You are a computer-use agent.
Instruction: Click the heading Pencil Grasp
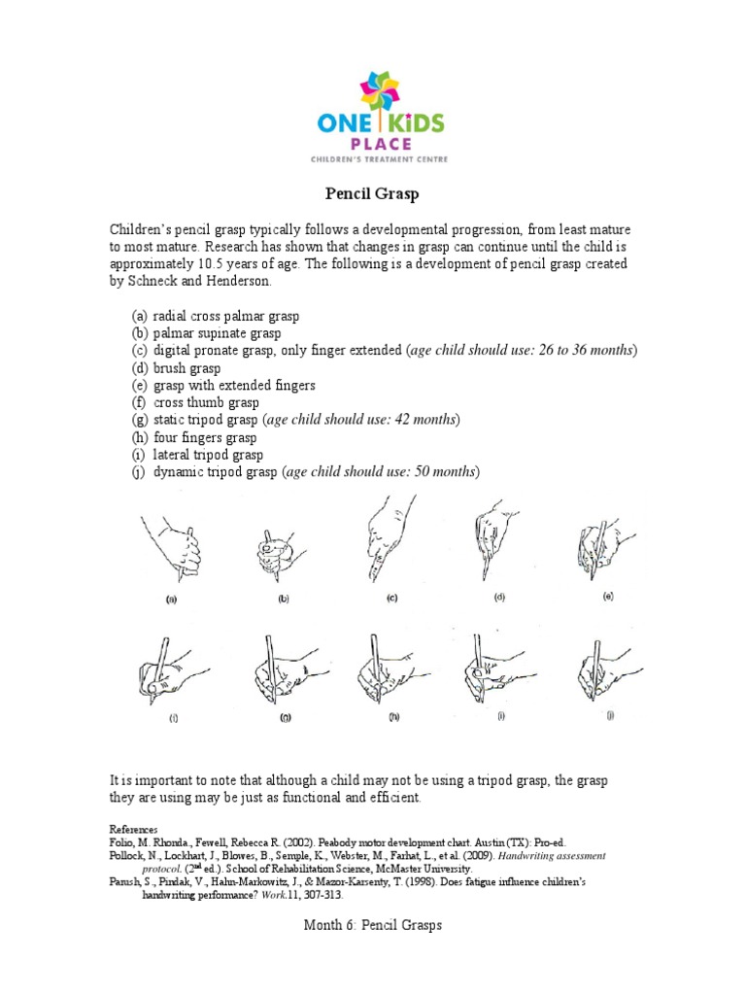click(x=372, y=194)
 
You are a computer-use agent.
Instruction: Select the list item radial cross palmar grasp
click(x=225, y=317)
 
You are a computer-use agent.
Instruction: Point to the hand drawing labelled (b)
click(x=275, y=552)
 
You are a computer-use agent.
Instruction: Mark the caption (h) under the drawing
click(x=392, y=718)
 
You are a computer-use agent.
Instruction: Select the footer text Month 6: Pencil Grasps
click(x=373, y=926)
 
